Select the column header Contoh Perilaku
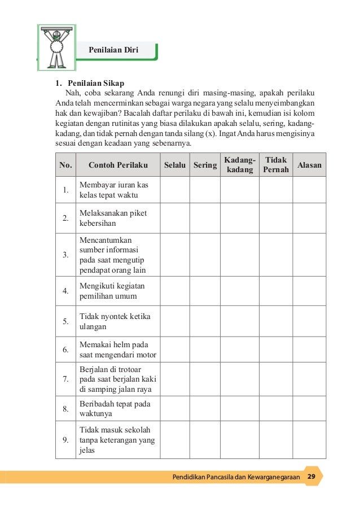pos(118,165)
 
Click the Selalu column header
pos(175,165)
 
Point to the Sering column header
pos(205,165)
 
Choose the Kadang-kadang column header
pos(239,165)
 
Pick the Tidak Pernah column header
pos(276,165)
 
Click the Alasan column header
pos(309,165)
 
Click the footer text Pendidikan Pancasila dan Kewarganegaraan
pos(236,478)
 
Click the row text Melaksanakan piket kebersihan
pos(113,218)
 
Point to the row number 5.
pos(66,321)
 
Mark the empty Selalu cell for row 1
pos(175,190)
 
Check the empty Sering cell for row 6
pos(205,349)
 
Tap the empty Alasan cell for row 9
pos(309,440)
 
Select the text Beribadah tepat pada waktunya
pos(115,408)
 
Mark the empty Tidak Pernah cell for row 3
pos(276,255)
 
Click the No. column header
pos(66,165)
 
